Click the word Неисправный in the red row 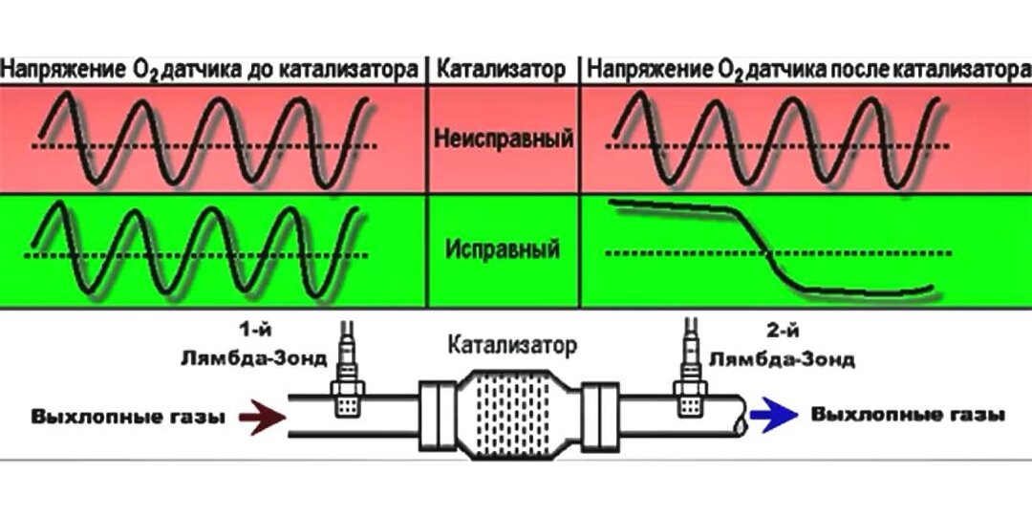(504, 140)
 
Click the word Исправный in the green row (502, 252)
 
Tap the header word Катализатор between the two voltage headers (502, 69)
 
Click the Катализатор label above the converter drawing (512, 345)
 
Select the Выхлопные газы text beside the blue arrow (908, 416)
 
